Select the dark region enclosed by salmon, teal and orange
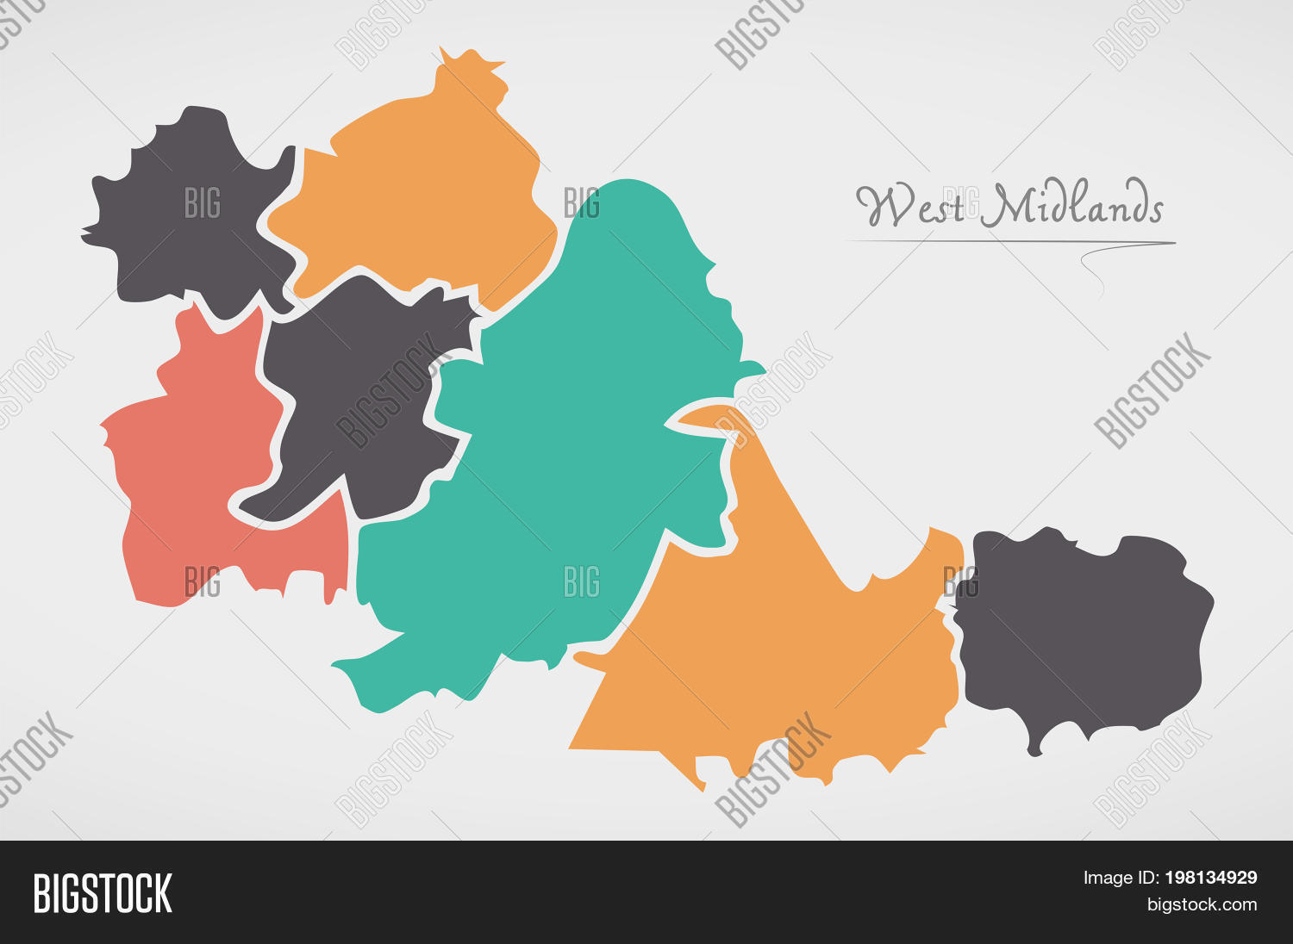(x=362, y=396)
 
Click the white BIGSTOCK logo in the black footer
(x=103, y=893)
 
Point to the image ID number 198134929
(x=1210, y=879)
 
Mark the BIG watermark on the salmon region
(x=203, y=583)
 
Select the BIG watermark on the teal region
(x=582, y=583)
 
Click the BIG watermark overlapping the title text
(x=961, y=203)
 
